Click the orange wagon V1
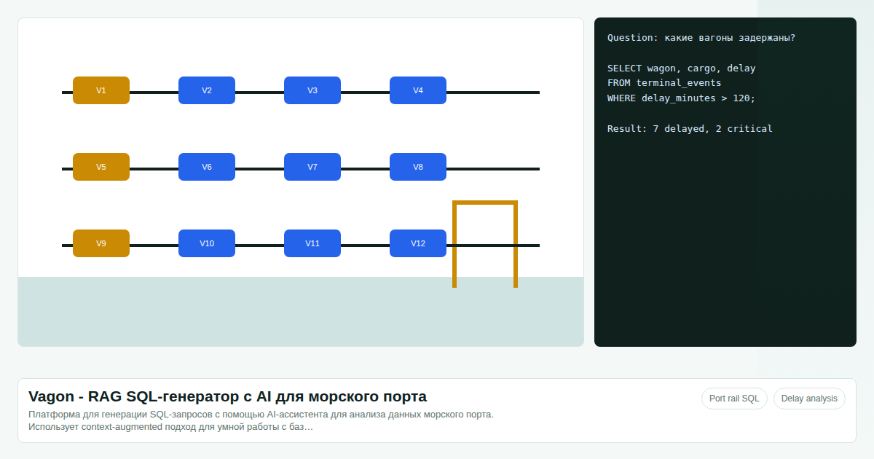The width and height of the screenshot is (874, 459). click(x=101, y=90)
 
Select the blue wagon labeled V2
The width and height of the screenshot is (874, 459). click(x=207, y=90)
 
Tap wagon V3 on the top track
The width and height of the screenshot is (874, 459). click(x=312, y=90)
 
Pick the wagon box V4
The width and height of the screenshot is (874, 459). click(x=418, y=90)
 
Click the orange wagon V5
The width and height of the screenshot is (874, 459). click(x=101, y=167)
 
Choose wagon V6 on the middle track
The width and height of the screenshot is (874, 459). click(x=207, y=167)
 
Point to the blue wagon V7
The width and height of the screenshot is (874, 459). click(x=312, y=167)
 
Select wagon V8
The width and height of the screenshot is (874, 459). click(x=418, y=167)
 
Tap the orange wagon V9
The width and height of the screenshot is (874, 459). click(x=101, y=243)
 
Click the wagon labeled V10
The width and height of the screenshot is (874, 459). click(x=207, y=243)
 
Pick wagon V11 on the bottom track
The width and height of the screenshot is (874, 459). click(x=312, y=243)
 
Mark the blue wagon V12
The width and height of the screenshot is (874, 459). click(x=418, y=243)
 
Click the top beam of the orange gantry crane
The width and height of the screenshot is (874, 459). click(x=485, y=203)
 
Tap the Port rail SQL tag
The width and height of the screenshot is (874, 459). click(x=734, y=399)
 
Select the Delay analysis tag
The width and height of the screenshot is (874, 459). click(x=809, y=399)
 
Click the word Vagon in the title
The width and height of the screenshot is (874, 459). click(x=51, y=396)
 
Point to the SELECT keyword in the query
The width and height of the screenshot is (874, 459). click(x=624, y=68)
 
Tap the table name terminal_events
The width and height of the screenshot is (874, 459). click(x=679, y=83)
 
